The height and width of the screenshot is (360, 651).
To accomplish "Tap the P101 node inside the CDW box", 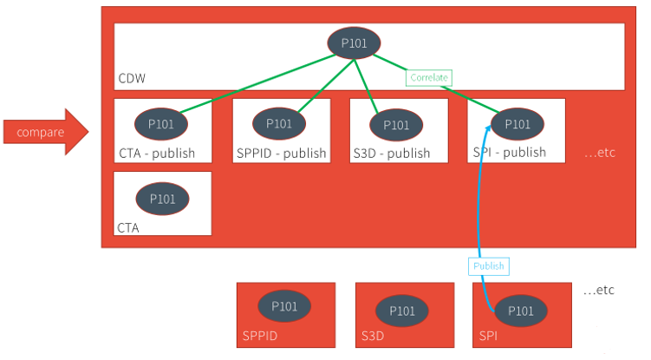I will point(354,43).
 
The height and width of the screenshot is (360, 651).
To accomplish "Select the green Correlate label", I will point(429,78).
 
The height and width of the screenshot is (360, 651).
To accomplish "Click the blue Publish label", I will point(488,266).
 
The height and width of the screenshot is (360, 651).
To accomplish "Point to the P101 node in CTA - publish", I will point(161,124).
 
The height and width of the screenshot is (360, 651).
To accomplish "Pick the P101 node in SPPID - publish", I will point(279,124).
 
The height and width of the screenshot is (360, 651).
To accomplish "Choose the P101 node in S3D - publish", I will point(396,125).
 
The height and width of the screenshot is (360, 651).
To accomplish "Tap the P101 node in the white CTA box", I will point(162,200).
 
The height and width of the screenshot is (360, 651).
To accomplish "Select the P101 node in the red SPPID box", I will point(284,307).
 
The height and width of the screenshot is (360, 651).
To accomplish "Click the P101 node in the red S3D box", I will point(403,311).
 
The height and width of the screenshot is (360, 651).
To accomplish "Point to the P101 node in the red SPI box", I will point(521,311).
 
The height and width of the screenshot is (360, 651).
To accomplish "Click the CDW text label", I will point(132,80).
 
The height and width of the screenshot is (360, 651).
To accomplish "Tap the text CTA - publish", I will point(157,154).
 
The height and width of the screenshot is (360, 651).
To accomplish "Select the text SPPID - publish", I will point(281,154).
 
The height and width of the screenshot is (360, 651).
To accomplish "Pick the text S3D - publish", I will point(392,154).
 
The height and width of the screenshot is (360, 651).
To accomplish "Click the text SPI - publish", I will point(510,152).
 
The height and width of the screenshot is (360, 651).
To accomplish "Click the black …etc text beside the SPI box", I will point(599,290).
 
